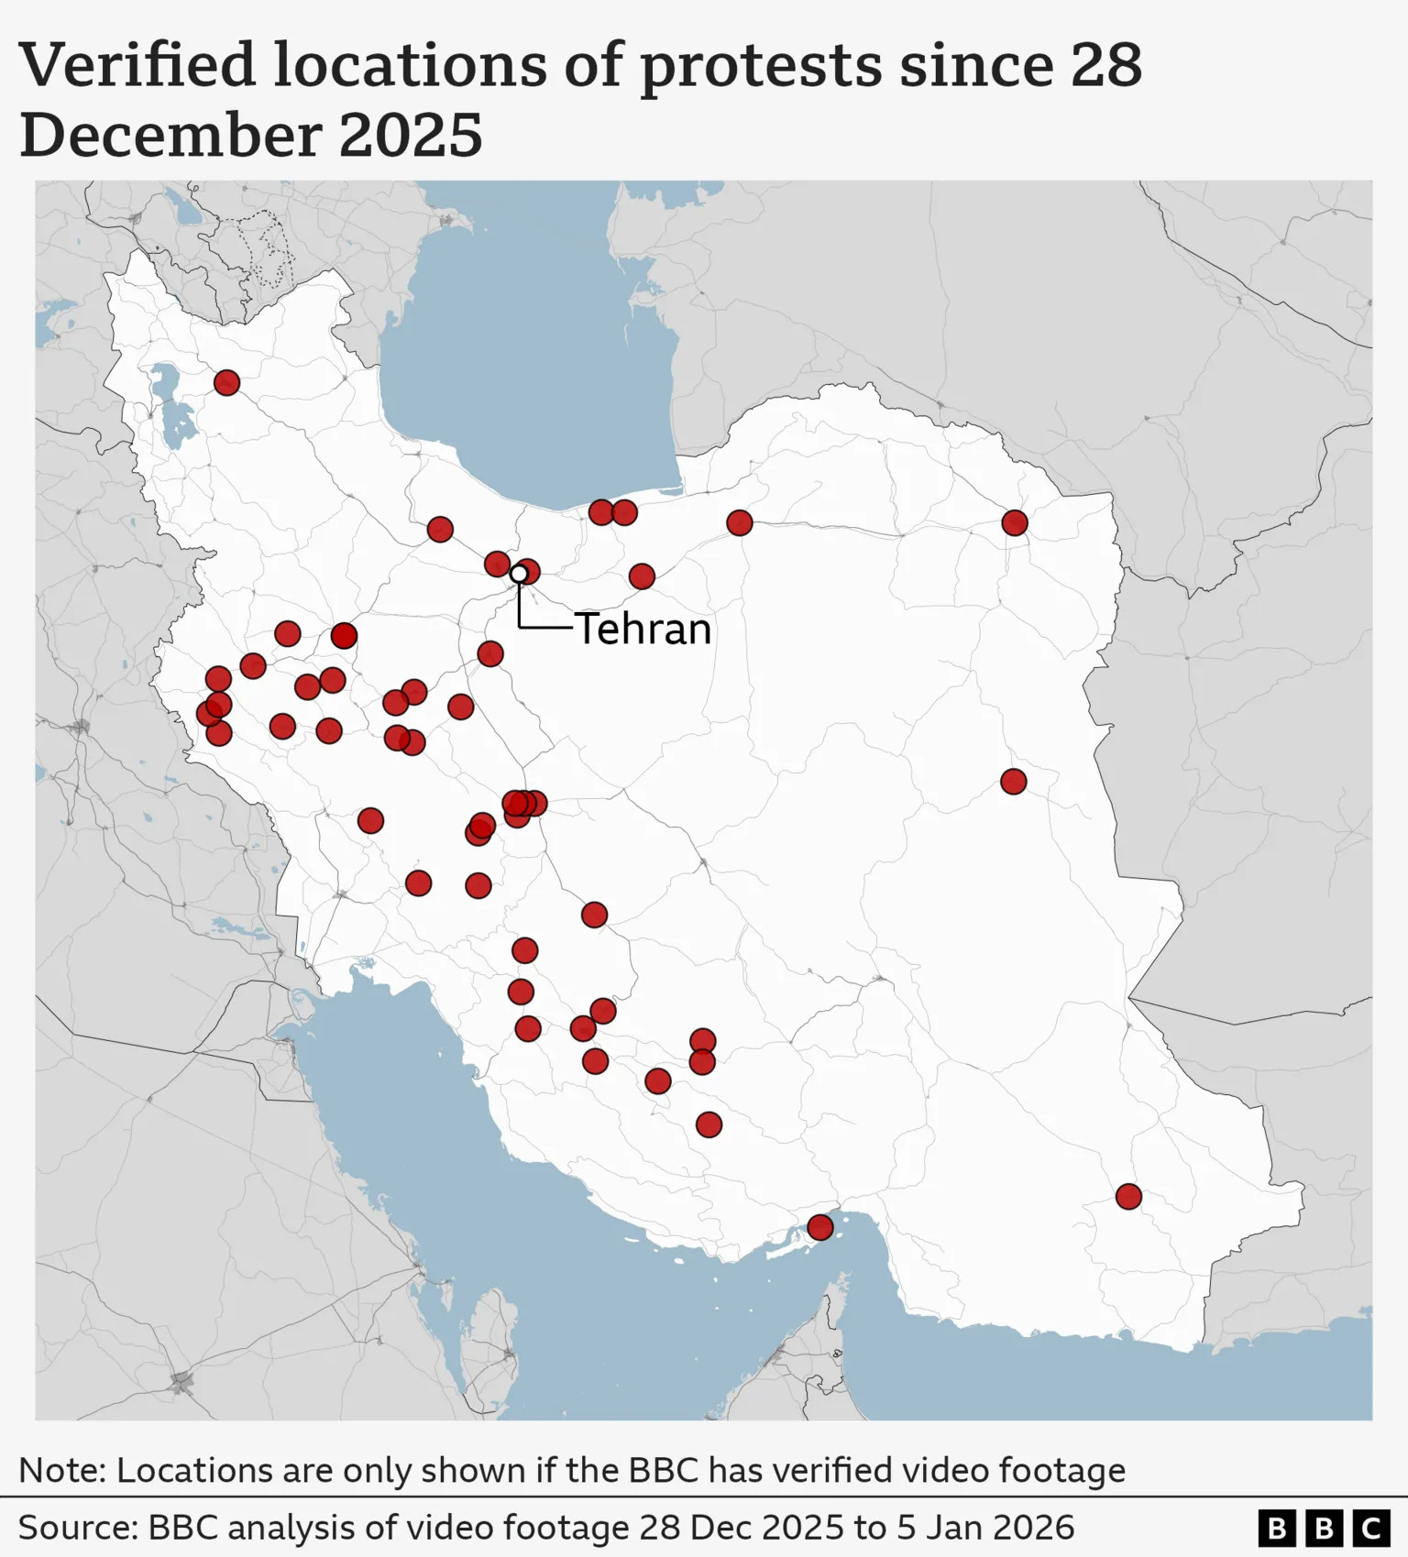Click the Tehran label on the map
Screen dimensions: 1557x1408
click(x=643, y=630)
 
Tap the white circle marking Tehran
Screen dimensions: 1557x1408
click(x=519, y=574)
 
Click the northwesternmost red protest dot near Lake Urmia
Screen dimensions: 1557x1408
click(x=226, y=382)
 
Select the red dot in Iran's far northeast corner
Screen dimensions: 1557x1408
click(x=1014, y=522)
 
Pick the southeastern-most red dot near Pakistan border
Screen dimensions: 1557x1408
click(x=1128, y=1196)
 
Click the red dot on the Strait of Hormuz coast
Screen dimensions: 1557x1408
click(x=819, y=1226)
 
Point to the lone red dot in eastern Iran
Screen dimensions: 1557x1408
click(x=1013, y=781)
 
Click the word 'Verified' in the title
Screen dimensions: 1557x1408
click(x=137, y=66)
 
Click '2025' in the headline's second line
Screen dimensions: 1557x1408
click(x=410, y=136)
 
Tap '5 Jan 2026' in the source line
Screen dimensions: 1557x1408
click(x=985, y=1528)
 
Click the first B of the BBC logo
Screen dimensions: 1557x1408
click(x=1276, y=1529)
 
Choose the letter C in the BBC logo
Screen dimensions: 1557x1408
click(x=1371, y=1529)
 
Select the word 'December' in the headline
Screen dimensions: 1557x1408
click(x=170, y=136)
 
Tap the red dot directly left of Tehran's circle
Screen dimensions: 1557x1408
click(x=497, y=564)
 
